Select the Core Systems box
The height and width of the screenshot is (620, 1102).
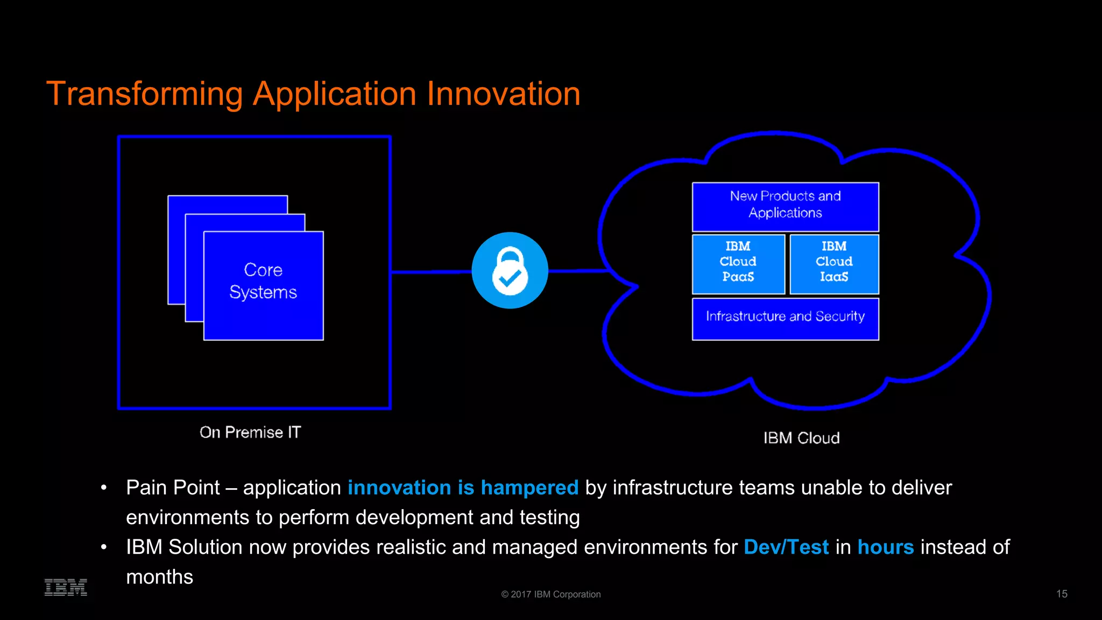pos(263,286)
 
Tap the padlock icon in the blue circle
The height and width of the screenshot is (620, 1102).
pos(510,271)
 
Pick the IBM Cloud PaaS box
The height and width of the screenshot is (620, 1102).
pos(738,264)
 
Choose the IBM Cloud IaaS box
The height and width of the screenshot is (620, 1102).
pos(834,264)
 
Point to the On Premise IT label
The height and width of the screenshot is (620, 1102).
pos(250,433)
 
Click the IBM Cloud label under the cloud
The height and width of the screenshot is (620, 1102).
pos(801,438)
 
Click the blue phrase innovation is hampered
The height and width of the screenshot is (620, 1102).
pos(463,488)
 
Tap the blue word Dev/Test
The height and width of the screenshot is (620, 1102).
pos(786,547)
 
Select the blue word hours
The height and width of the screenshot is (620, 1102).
pos(885,547)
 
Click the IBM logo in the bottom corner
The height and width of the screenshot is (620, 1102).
pos(66,587)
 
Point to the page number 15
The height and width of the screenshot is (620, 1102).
pos(1061,594)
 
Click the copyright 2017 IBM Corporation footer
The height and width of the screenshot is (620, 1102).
pos(550,594)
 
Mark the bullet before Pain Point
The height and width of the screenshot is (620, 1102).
pos(104,488)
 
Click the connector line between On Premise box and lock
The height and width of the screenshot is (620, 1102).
pos(430,272)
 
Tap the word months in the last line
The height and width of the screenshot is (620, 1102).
pos(159,577)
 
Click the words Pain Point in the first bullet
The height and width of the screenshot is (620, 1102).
pos(173,488)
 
